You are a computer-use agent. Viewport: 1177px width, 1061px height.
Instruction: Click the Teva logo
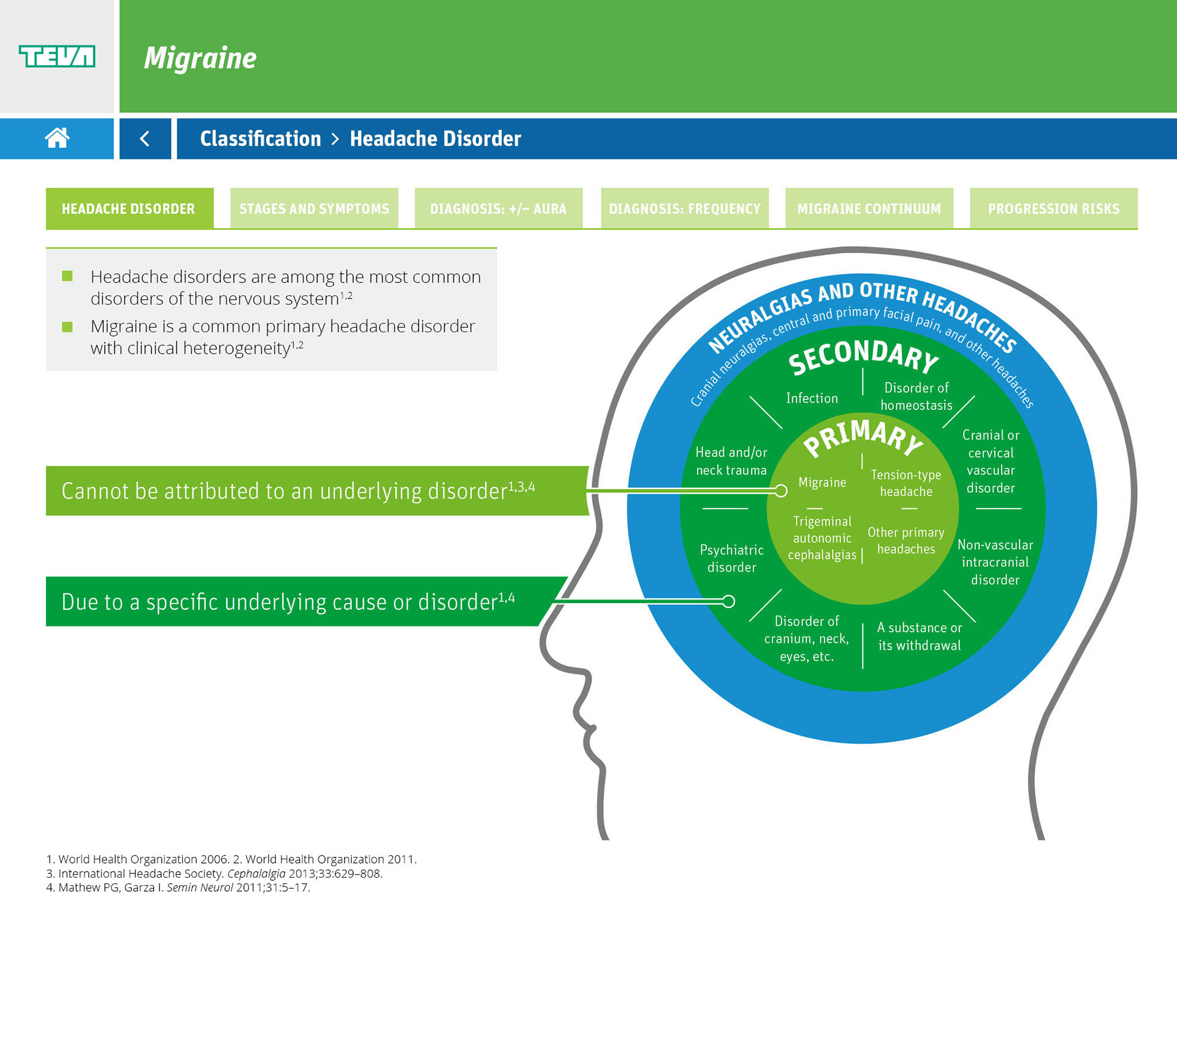(57, 56)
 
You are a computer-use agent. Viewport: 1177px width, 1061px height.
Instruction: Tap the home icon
(57, 138)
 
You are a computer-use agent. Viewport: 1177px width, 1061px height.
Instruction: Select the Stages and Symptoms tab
(314, 208)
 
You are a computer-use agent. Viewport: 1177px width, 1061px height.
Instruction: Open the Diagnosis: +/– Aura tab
(498, 208)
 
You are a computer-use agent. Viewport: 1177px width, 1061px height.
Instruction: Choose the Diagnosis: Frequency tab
(684, 208)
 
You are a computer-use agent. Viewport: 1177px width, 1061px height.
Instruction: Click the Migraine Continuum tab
(869, 208)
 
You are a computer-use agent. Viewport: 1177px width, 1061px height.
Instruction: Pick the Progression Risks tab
(1053, 208)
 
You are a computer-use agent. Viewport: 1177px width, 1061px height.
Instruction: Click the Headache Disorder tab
(129, 208)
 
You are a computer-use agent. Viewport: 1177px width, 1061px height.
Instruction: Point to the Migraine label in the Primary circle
(822, 482)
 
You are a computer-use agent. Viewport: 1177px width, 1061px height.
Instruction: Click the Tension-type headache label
(906, 483)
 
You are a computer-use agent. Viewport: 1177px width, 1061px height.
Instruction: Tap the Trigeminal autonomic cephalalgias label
(822, 538)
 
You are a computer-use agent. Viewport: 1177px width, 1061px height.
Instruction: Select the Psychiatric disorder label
(731, 558)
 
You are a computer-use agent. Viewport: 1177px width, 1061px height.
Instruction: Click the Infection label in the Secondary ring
(812, 398)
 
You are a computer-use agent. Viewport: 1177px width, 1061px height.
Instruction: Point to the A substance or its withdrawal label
(919, 636)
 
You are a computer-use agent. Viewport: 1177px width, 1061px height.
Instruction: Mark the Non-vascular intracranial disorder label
(995, 562)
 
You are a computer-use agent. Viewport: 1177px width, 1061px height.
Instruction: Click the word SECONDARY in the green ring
(863, 357)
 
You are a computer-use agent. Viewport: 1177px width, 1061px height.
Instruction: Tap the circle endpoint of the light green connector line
(781, 490)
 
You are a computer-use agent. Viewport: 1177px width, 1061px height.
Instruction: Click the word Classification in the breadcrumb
(261, 139)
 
